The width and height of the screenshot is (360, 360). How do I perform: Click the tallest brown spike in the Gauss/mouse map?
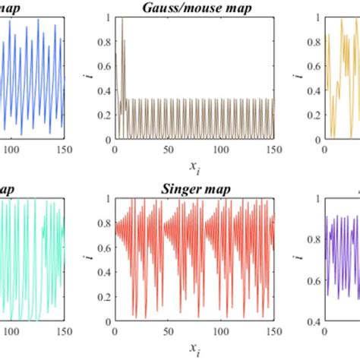pyautogui.click(x=122, y=20)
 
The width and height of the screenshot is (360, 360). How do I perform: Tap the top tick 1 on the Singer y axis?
pyautogui.click(x=106, y=197)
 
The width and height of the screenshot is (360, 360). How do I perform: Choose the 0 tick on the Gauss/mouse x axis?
pyautogui.click(x=112, y=150)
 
